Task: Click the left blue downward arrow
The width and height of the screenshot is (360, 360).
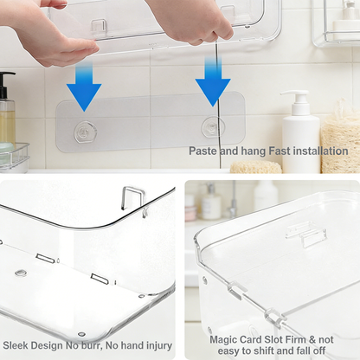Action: [84, 89]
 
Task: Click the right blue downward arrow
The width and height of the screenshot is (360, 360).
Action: [212, 84]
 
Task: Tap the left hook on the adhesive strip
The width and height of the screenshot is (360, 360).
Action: [84, 132]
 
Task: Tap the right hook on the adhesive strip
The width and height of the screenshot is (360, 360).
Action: [213, 128]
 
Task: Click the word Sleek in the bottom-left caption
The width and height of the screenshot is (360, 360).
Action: [18, 344]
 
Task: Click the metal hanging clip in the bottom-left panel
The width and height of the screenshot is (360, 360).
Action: [132, 199]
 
